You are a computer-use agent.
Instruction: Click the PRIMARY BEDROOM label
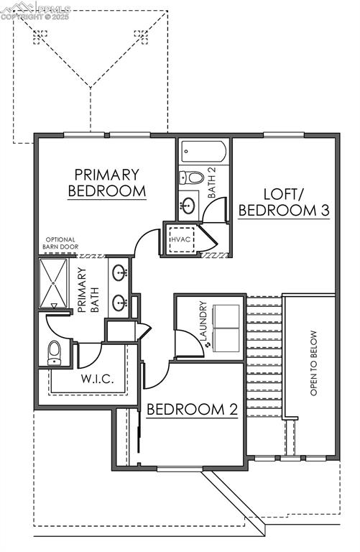tap(106, 183)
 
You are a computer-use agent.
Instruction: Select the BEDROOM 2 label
tap(192, 410)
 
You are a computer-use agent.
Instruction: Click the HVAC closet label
tap(179, 239)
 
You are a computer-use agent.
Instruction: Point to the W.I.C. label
tap(96, 379)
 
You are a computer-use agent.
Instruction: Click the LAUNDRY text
tap(203, 321)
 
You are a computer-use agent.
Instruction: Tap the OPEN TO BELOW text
tap(313, 363)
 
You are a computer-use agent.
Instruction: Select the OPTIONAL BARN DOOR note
tap(61, 244)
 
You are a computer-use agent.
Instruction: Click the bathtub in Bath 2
tap(203, 152)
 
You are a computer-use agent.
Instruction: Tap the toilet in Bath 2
tap(193, 178)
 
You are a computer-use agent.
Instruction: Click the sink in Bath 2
tap(188, 203)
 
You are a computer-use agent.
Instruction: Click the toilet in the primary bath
tap(55, 351)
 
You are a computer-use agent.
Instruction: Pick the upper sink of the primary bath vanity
tap(121, 272)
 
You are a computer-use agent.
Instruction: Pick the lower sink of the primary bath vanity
tap(121, 303)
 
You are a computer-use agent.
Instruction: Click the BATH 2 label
tap(212, 183)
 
